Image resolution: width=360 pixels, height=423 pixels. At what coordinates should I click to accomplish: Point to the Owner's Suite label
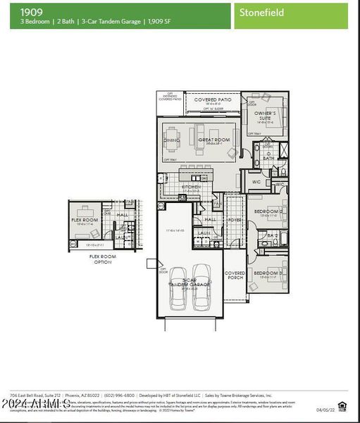[x=265, y=114]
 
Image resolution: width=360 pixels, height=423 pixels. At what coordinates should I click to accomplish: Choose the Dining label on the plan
[x=172, y=140]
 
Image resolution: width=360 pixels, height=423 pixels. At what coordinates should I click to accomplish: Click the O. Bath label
[x=268, y=156]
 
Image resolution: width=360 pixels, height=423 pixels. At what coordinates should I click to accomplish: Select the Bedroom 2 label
[x=268, y=211]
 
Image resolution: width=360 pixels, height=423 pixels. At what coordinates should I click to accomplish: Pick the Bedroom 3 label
[x=268, y=273]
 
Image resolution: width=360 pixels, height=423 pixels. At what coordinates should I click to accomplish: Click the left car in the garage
[x=179, y=286]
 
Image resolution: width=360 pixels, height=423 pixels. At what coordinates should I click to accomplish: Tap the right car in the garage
[x=201, y=286]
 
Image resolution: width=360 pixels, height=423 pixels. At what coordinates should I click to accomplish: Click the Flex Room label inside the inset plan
[x=85, y=220]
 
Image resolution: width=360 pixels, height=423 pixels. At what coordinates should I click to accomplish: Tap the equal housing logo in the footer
[x=342, y=405]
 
